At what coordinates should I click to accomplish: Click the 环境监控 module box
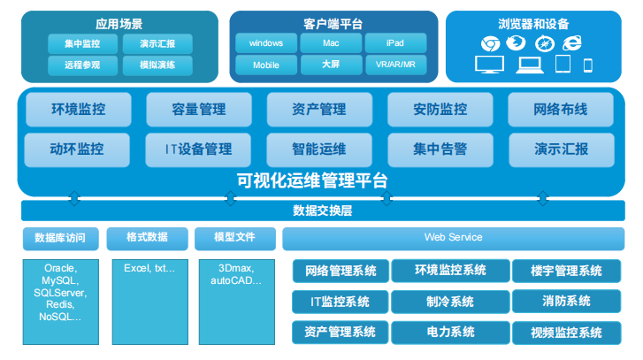78,110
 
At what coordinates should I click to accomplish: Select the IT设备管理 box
198,149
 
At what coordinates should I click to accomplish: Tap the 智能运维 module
318,149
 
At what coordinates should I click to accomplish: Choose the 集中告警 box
440,149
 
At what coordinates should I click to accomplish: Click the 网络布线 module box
560,110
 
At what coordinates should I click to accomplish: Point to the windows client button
265,43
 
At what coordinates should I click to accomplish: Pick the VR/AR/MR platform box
394,65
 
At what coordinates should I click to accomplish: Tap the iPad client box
394,43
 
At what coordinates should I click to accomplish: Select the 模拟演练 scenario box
157,65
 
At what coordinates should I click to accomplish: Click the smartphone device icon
587,65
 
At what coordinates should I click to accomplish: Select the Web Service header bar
453,237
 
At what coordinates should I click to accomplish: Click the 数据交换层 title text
322,211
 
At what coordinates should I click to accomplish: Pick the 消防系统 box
566,302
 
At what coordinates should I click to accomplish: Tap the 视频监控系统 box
566,333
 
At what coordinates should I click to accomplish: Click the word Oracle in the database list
60,268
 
